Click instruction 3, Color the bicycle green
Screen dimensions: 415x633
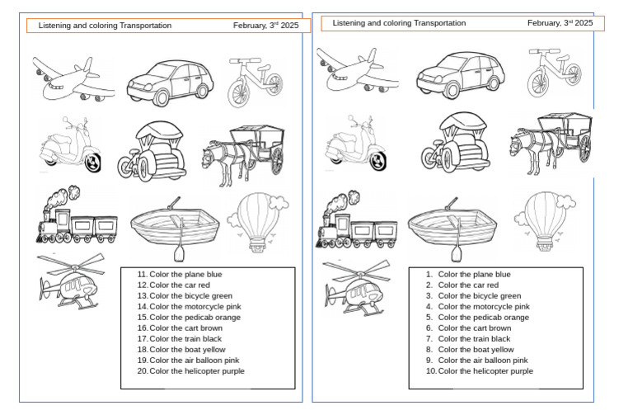coord(479,295)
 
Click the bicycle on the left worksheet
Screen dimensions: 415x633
coord(255,78)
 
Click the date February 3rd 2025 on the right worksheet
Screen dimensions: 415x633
coord(560,24)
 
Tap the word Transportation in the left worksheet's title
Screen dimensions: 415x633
coord(146,26)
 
